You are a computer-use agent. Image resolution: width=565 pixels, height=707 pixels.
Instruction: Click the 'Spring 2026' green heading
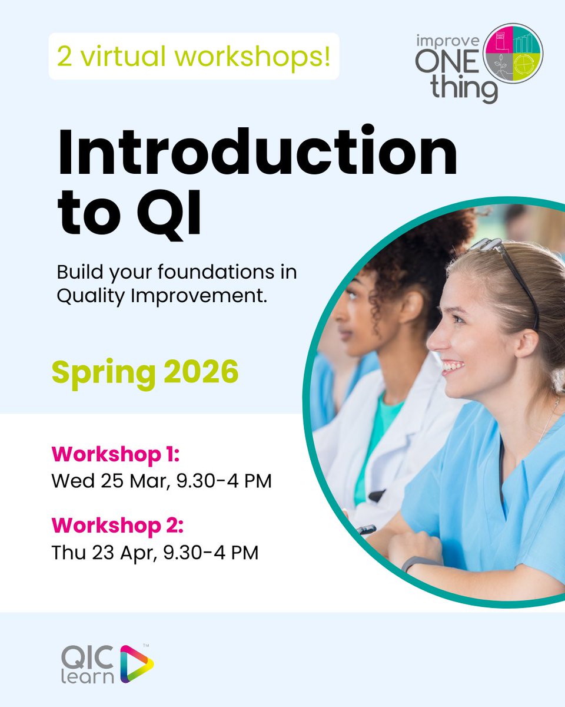tap(145, 372)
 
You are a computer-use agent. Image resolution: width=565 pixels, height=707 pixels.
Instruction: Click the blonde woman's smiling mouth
tap(452, 367)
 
